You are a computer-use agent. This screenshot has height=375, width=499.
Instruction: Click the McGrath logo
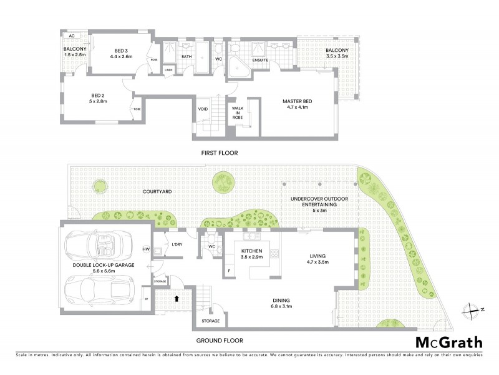coord(448,342)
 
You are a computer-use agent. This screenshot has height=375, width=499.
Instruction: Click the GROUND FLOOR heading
coord(220,341)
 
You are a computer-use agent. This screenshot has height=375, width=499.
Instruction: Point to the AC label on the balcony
coord(72,36)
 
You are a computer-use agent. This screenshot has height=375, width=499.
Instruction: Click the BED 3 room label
coord(121,54)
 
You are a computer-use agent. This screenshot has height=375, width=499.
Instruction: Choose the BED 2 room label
coord(94,97)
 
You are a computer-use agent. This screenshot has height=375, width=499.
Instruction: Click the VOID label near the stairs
coord(203,108)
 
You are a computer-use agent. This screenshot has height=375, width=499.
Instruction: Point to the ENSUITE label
coord(260,60)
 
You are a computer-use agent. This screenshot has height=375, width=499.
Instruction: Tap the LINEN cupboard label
coord(168,69)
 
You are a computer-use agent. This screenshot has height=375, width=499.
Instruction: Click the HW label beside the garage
coord(146,249)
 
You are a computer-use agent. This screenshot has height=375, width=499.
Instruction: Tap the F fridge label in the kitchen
coord(229,271)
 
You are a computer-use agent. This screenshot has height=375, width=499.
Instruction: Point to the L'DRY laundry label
coord(176,244)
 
